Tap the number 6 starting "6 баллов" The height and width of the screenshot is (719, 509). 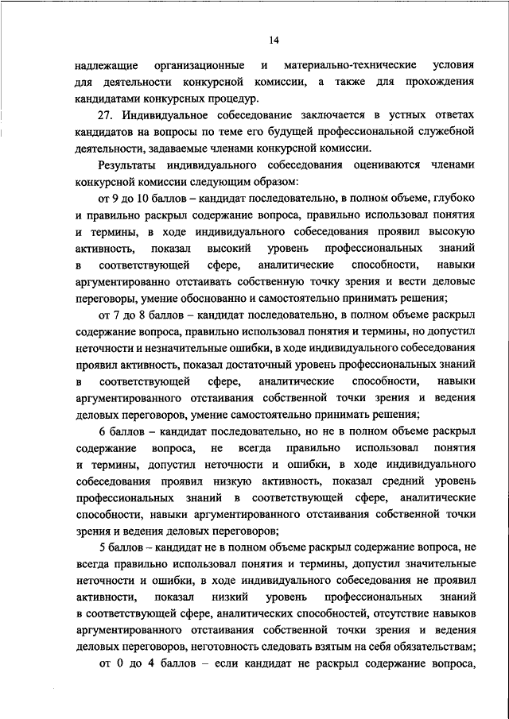click(102, 431)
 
